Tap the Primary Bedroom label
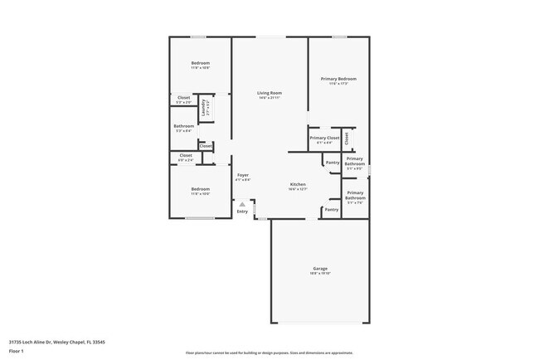338,79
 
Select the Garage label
320,268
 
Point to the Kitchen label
298,184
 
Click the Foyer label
243,175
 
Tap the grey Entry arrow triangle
242,203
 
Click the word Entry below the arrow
242,212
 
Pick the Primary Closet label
324,138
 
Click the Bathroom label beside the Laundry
184,126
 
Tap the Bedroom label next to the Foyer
200,189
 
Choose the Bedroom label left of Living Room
200,63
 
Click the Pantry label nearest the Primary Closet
333,163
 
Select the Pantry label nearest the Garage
331,210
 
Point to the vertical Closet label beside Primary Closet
347,138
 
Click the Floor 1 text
17,350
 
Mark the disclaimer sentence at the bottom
269,353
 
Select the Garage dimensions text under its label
320,273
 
